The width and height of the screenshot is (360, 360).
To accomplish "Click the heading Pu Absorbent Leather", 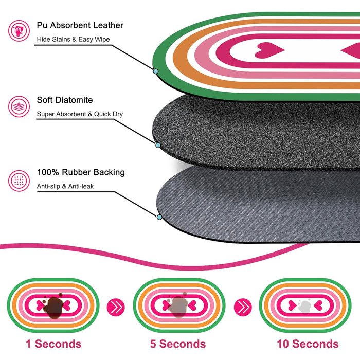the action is (x=80, y=25).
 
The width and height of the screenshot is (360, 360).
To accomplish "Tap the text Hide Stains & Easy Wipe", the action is (x=73, y=39).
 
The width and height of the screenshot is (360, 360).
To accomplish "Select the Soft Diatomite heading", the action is (x=65, y=100).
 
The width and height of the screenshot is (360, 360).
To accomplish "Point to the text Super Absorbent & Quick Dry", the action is (x=80, y=114).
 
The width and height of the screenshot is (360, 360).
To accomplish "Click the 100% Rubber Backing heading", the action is (x=81, y=172).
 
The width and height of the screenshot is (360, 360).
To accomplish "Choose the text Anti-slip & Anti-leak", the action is (x=65, y=186).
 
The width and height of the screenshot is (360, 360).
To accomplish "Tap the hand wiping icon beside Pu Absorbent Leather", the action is (x=19, y=31).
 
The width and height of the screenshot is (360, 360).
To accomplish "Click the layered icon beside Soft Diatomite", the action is (x=19, y=106).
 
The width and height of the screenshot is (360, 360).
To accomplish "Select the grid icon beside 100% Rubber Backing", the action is (x=19, y=181).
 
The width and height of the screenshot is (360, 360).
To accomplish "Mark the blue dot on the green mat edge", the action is (x=155, y=71).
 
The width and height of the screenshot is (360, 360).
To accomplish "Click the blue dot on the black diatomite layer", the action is (x=158, y=145).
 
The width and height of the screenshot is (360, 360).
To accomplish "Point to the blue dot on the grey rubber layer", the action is (x=159, y=217).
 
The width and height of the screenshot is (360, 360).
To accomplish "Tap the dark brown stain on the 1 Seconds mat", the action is (x=53, y=307).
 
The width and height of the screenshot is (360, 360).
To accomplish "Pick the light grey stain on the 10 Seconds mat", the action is (x=304, y=307).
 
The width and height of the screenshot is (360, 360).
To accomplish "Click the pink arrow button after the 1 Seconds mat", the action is (x=116, y=307).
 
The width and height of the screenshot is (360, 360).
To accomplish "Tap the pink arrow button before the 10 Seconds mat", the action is (x=243, y=307).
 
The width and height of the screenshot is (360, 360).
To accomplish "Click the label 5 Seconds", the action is (x=178, y=344).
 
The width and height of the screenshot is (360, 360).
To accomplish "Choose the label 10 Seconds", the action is (x=308, y=344).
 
